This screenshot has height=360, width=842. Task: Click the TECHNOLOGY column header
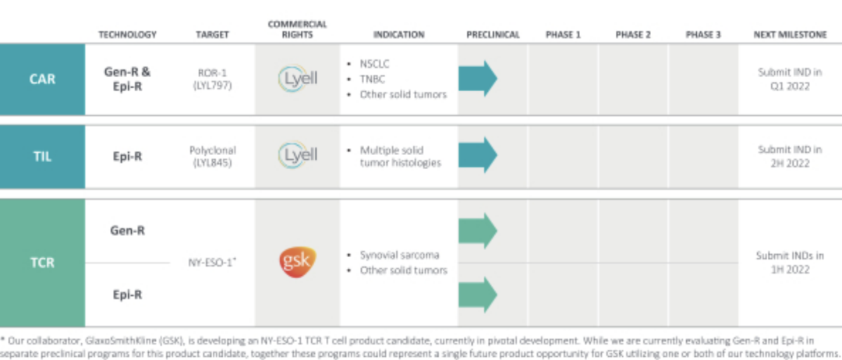point(127,35)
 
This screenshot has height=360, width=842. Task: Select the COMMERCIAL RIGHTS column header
point(298,30)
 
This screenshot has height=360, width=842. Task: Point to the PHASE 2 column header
point(633,35)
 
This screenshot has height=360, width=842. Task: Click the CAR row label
point(42,79)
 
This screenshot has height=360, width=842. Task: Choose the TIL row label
point(42,157)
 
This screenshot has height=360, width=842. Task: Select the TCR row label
point(42,263)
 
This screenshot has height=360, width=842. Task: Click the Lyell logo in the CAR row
point(298,79)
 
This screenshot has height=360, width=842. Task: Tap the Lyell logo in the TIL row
point(298,156)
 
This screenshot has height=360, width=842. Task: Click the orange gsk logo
point(298,263)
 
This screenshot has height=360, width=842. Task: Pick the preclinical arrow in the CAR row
point(477,79)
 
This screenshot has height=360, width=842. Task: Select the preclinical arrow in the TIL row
point(477,155)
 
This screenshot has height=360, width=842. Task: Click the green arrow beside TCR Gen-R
point(477,231)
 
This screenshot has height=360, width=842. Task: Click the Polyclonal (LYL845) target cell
point(212,156)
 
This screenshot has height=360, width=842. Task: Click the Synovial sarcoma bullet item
point(394,255)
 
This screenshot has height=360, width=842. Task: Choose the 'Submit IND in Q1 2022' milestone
point(790,79)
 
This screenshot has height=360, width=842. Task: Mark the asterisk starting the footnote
point(2,339)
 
